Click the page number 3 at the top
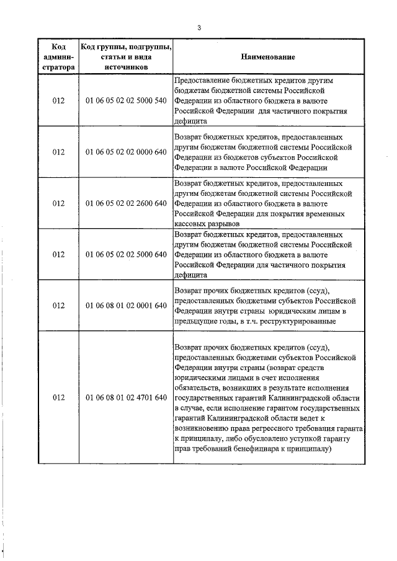pos(198,27)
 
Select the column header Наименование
pos(269,57)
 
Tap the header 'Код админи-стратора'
pos(58,57)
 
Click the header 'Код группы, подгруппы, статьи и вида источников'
pos(126,57)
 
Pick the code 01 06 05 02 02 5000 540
pos(126,100)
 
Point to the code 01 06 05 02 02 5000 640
pos(126,255)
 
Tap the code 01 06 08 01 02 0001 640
pos(126,306)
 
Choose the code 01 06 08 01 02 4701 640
pos(126,397)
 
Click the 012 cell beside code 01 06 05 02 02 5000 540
pos(58,100)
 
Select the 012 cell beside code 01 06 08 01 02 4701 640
pos(58,397)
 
